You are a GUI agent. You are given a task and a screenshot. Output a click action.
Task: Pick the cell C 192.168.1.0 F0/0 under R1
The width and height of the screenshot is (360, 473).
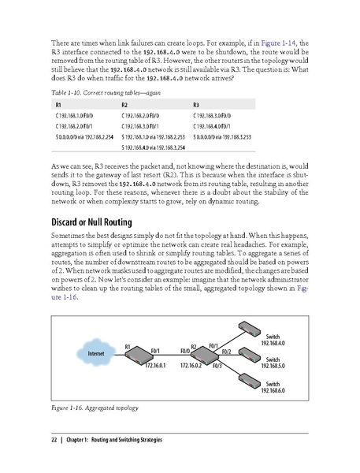pos(79,116)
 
